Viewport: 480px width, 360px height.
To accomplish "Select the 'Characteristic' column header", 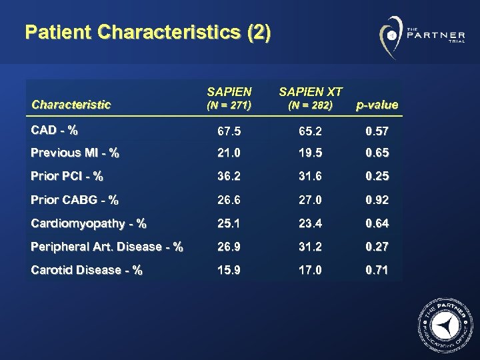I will pyautogui.click(x=71, y=105).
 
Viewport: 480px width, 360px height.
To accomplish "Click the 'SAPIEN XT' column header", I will pyautogui.click(x=311, y=91).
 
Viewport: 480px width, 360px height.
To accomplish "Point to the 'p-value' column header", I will pyautogui.click(x=377, y=105).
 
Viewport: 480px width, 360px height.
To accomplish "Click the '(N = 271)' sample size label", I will pyautogui.click(x=229, y=105).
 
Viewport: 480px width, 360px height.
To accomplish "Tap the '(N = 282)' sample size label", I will pyautogui.click(x=311, y=105).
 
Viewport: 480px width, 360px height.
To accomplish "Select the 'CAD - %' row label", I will pyautogui.click(x=55, y=129).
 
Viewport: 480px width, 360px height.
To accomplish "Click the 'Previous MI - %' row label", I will pyautogui.click(x=75, y=153).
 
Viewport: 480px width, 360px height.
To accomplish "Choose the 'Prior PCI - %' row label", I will pyautogui.click(x=67, y=177).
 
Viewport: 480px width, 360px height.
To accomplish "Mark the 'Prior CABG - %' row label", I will pyautogui.click(x=74, y=200).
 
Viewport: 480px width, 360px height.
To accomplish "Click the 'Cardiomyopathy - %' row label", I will pyautogui.click(x=89, y=223).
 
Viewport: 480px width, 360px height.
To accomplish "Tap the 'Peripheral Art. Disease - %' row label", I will pyautogui.click(x=107, y=247).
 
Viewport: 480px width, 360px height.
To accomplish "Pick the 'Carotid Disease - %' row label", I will pyautogui.click(x=86, y=270).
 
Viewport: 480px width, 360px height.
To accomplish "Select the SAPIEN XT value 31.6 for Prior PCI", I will pyautogui.click(x=311, y=177).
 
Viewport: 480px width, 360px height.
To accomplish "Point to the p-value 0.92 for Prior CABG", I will pyautogui.click(x=377, y=200).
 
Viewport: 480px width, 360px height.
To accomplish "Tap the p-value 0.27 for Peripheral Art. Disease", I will pyautogui.click(x=377, y=247).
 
